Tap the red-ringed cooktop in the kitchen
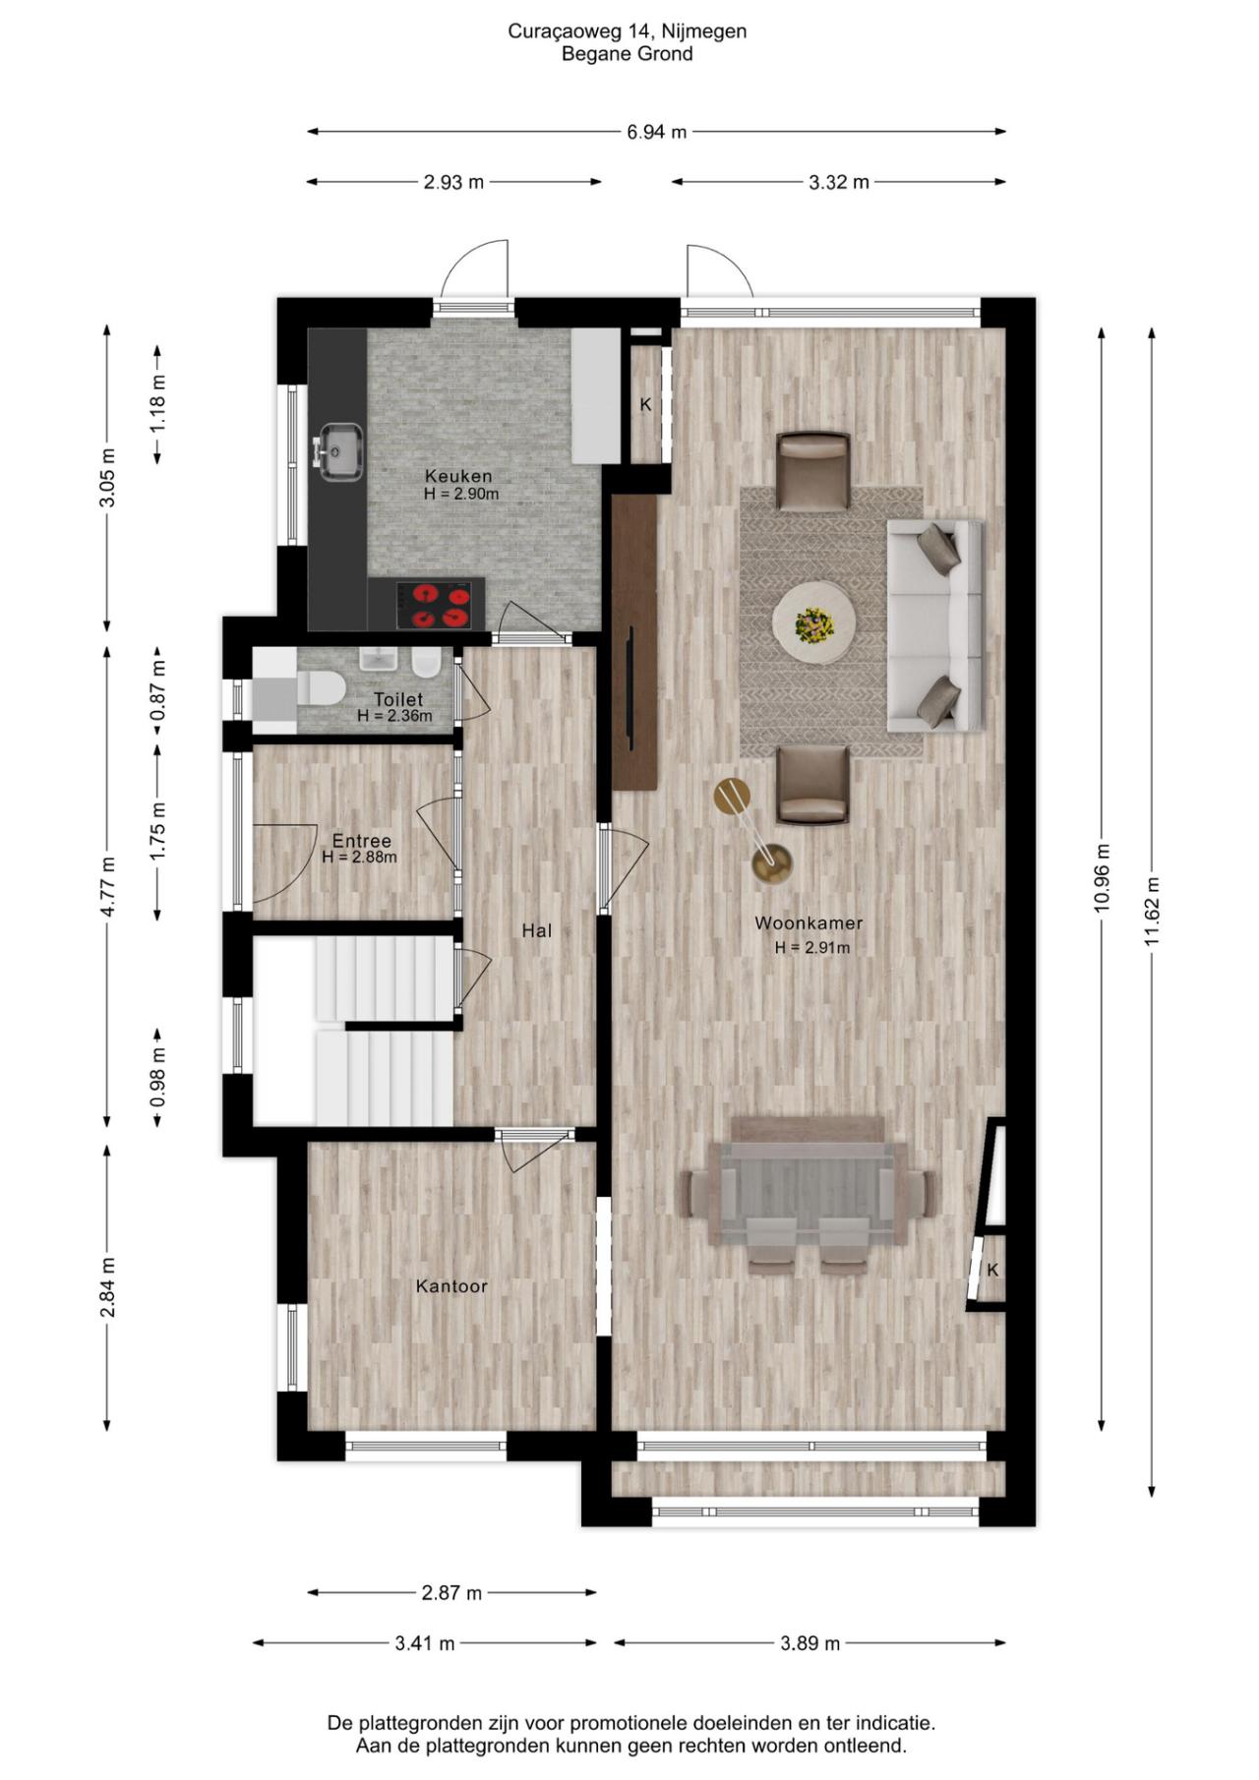tap(434, 605)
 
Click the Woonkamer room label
tap(809, 923)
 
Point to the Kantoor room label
tap(451, 1286)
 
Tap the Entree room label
tap(361, 841)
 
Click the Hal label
tap(537, 930)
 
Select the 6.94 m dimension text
tap(657, 132)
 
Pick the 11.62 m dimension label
tap(1152, 912)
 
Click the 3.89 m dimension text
tap(810, 1643)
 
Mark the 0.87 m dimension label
tap(157, 689)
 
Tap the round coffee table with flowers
tap(813, 623)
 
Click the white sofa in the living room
tap(934, 626)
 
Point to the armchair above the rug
tap(813, 472)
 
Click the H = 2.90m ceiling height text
tap(461, 494)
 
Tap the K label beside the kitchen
tap(646, 404)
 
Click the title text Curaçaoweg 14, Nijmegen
tap(628, 31)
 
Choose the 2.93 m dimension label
tap(454, 182)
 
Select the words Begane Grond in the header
tap(628, 54)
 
